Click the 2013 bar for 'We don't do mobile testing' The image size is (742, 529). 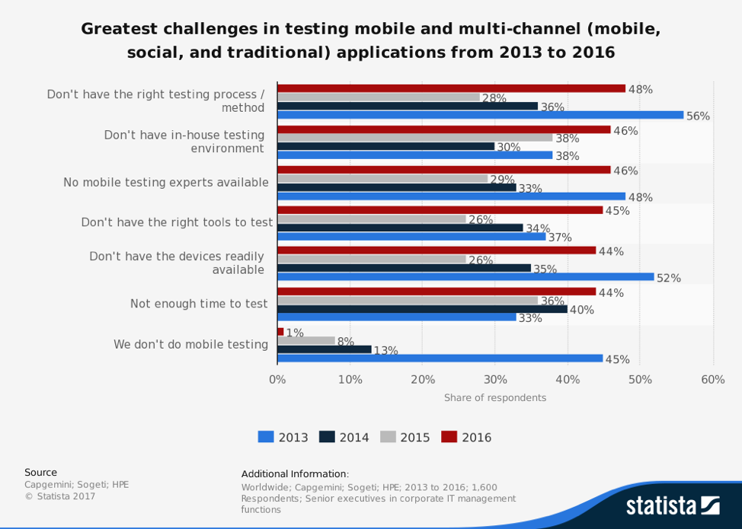(x=440, y=359)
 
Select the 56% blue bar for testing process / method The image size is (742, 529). (x=480, y=115)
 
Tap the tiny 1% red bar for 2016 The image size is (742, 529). (x=280, y=332)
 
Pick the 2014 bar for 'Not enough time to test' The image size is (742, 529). (x=422, y=309)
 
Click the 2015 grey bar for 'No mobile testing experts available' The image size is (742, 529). (x=382, y=179)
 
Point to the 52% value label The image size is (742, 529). (x=668, y=278)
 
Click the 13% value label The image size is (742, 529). (x=385, y=351)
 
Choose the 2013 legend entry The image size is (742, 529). (x=283, y=437)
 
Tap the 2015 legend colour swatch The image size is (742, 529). (x=388, y=437)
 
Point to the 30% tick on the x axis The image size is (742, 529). (x=495, y=379)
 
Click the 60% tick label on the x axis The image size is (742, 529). (x=713, y=379)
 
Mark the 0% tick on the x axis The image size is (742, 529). (x=277, y=379)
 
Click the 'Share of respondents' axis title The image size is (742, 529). (x=495, y=397)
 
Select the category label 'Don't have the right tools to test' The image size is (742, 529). (x=177, y=222)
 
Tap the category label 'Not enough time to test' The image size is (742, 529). (x=199, y=304)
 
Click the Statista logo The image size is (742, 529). (x=672, y=505)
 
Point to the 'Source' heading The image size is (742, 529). (x=40, y=472)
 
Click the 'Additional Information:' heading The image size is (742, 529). (x=295, y=474)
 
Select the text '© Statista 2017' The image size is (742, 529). (x=60, y=496)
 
